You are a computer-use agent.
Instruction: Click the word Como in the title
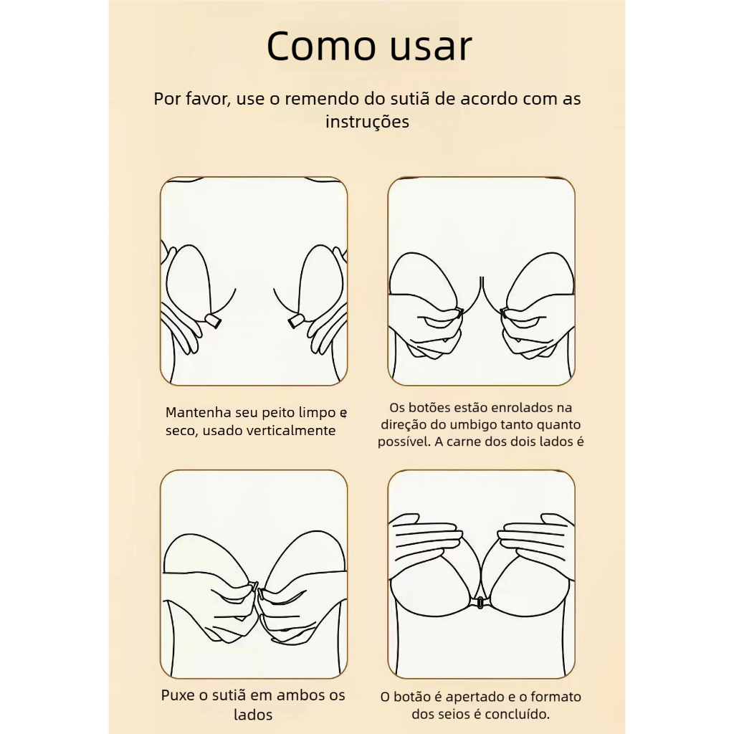[321, 46]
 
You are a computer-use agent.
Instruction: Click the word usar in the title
[431, 49]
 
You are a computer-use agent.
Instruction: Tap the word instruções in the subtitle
[368, 122]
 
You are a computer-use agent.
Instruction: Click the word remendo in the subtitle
[322, 99]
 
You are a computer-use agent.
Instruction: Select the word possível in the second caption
[404, 442]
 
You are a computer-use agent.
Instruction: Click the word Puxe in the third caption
[178, 695]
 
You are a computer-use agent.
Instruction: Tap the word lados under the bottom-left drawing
[253, 715]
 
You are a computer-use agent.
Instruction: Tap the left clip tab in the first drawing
[214, 320]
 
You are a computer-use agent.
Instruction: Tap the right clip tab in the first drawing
[296, 321]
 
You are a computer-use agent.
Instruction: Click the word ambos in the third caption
[295, 695]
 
